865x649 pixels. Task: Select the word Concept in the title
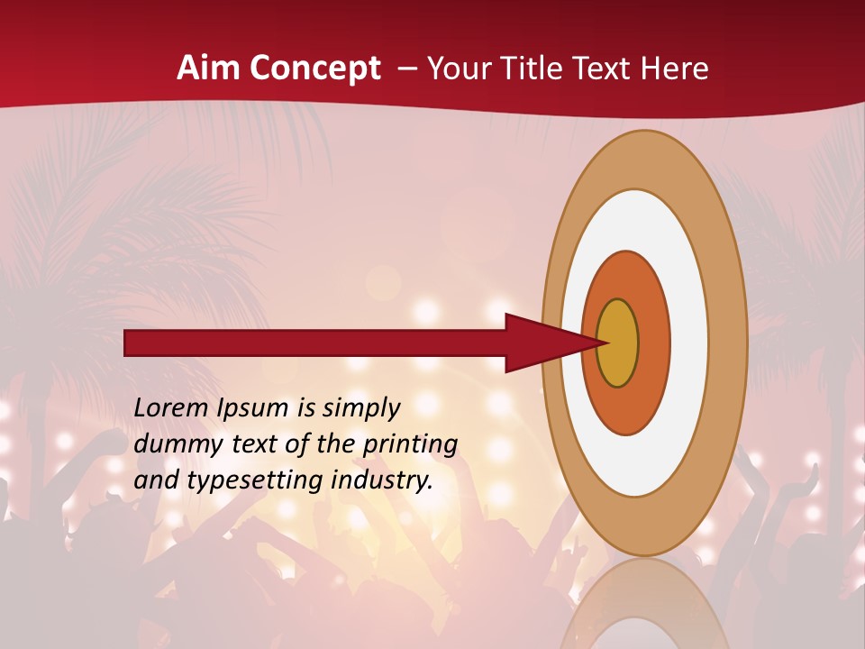pyautogui.click(x=315, y=69)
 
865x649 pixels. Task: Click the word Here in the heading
pyautogui.click(x=676, y=69)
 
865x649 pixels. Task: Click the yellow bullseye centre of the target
pyautogui.click(x=618, y=343)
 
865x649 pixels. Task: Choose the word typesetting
pyautogui.click(x=256, y=480)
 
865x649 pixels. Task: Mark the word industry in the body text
pyautogui.click(x=382, y=480)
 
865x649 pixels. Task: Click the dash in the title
pyautogui.click(x=407, y=69)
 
